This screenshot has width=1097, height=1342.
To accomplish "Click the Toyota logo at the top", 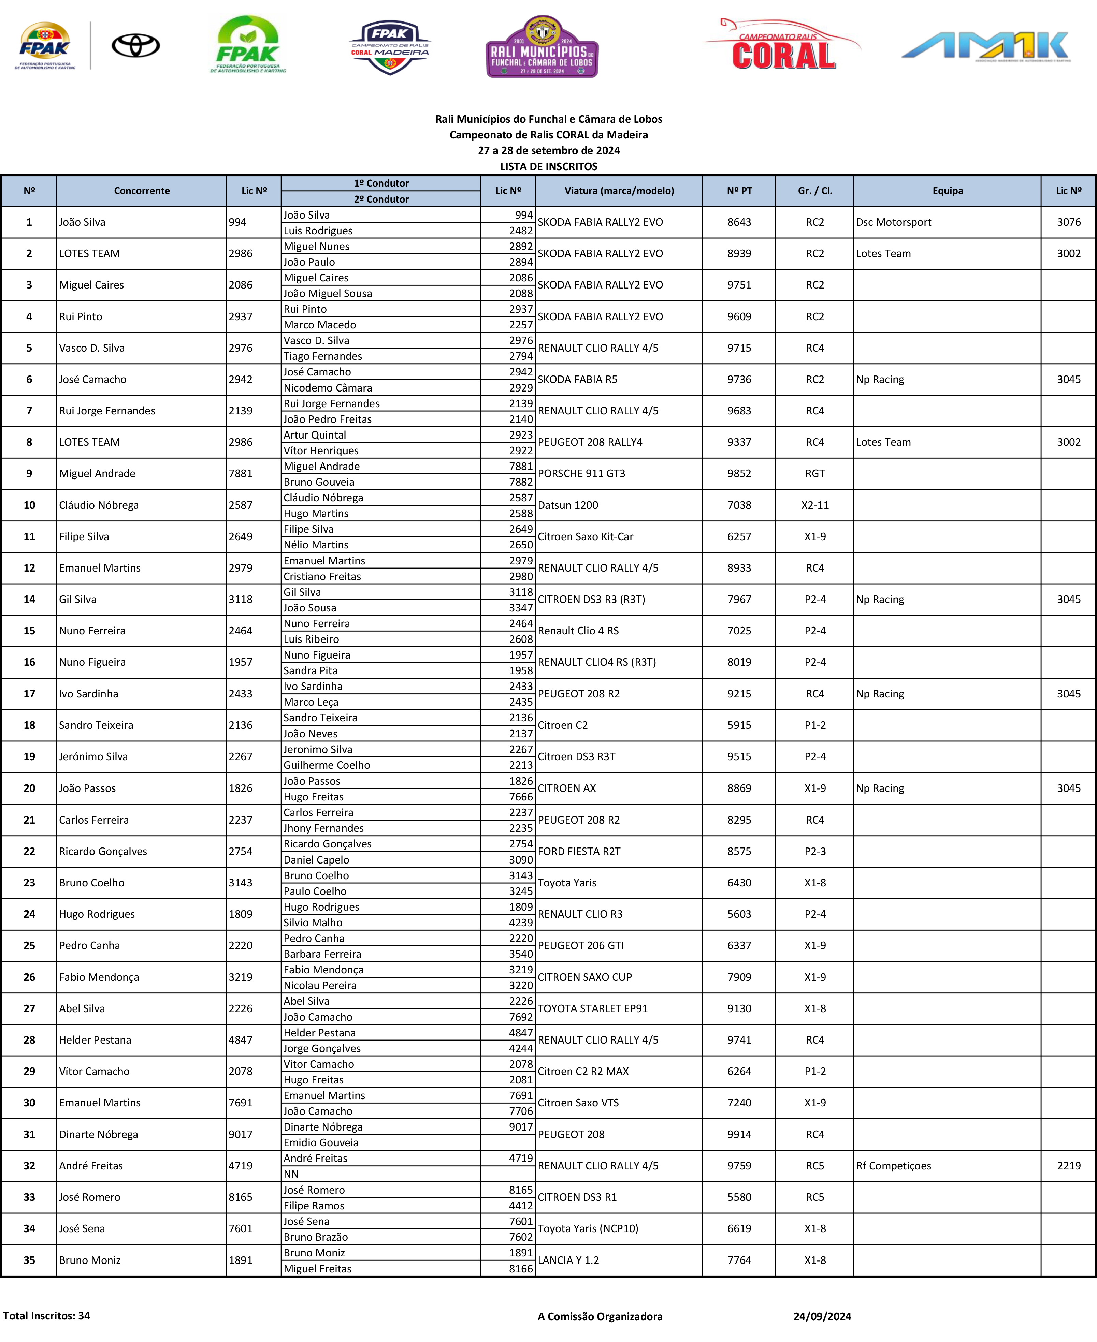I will click(136, 45).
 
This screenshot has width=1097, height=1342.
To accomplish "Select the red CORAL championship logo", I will click(782, 45).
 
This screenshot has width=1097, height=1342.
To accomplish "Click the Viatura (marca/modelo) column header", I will click(619, 191).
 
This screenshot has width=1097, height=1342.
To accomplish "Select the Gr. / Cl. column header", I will click(814, 191).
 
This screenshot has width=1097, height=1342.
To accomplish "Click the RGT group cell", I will click(814, 474).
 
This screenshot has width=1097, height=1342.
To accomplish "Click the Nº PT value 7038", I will click(739, 505).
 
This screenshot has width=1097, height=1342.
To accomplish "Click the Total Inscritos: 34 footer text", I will click(47, 1316).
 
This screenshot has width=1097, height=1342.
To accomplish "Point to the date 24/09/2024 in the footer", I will click(822, 1317).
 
